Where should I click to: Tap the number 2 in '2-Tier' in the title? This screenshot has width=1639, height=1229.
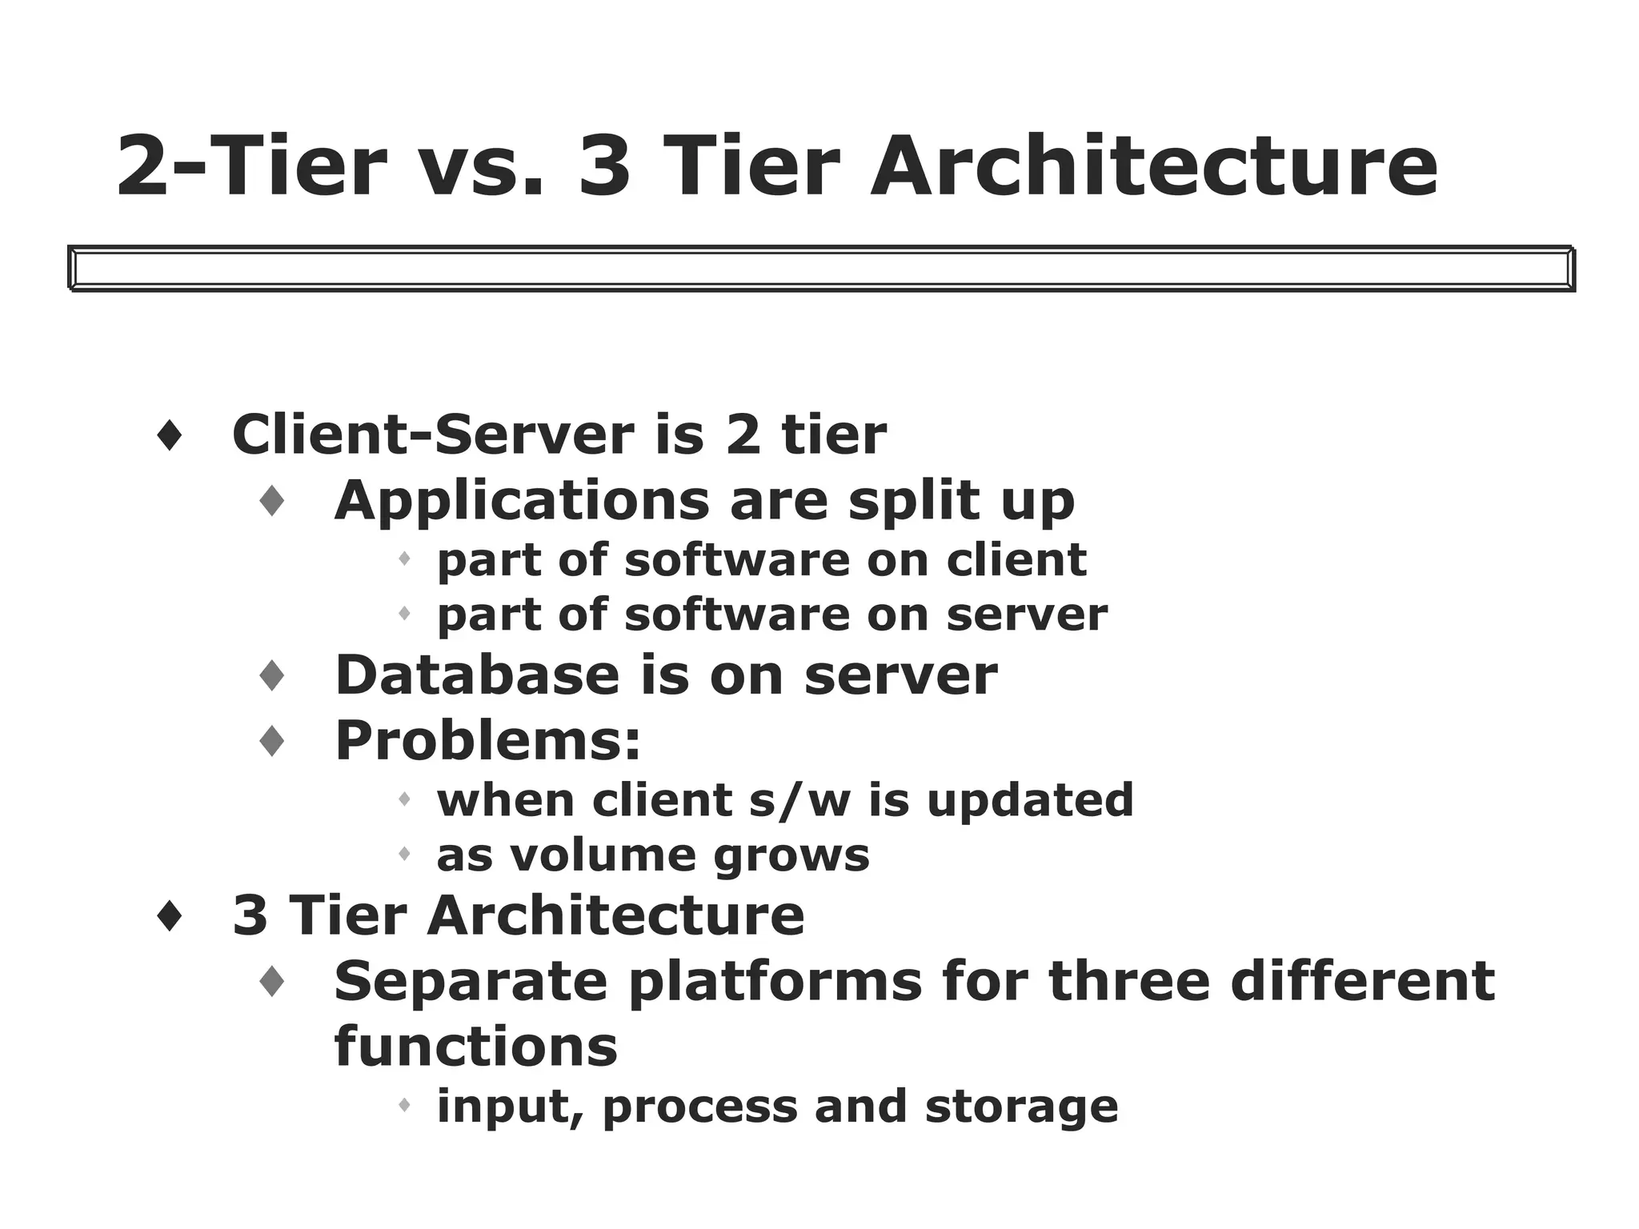[x=150, y=166]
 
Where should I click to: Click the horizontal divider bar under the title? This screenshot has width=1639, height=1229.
[x=821, y=268]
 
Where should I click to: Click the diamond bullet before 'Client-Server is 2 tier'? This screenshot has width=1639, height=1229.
[x=169, y=436]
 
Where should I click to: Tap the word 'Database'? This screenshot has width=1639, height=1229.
[x=477, y=675]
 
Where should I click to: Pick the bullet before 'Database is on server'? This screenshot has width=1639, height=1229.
[x=272, y=676]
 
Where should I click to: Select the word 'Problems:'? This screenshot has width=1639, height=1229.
[x=487, y=740]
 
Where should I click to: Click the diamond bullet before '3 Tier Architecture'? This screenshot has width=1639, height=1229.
[x=169, y=916]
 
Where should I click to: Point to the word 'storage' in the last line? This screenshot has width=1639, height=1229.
[x=1020, y=1106]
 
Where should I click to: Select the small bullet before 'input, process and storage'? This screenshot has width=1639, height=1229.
[x=404, y=1106]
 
